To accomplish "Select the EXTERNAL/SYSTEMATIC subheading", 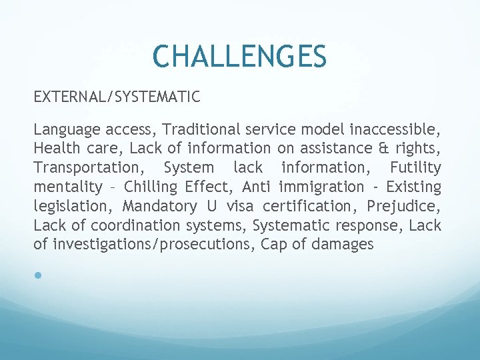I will [x=117, y=97].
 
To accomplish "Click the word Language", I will [x=64, y=129].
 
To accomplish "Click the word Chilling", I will [x=152, y=187].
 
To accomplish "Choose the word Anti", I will [x=257, y=187].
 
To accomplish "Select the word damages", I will [x=343, y=245].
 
